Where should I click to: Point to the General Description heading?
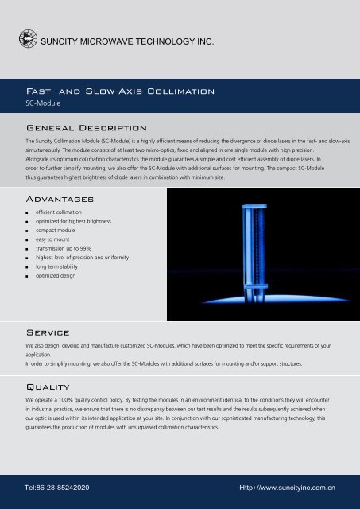click(x=85, y=127)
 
